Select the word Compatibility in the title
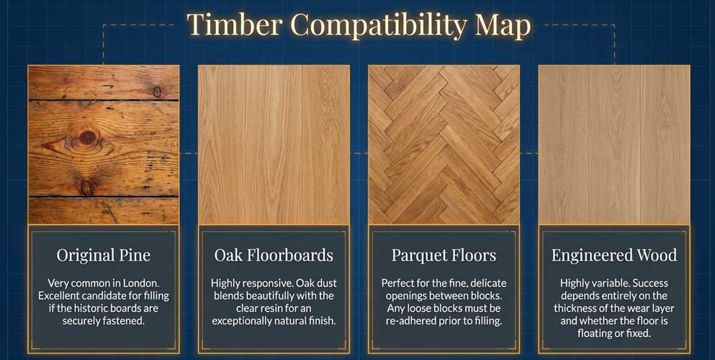point(378,25)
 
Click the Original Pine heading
point(104,255)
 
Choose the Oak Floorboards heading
point(274,255)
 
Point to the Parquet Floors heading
point(444,255)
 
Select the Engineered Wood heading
point(613,255)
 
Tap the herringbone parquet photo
point(444,144)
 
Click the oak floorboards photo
point(274,144)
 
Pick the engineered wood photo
point(613,144)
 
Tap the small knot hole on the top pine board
point(157,91)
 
